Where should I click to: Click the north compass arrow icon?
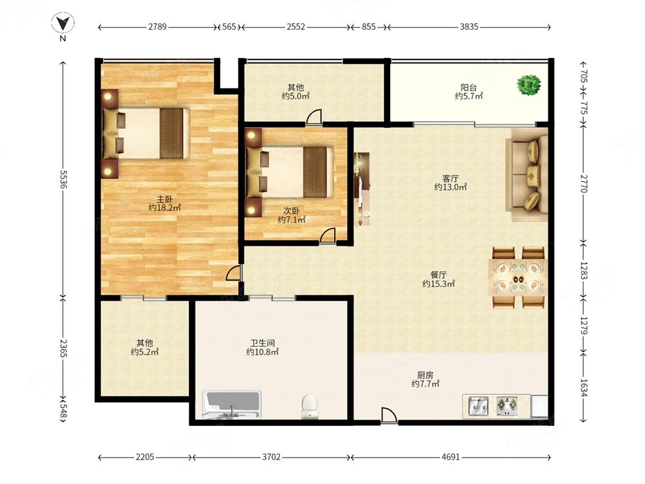[63, 23]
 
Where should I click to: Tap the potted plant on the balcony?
[529, 85]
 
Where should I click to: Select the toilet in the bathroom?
[309, 406]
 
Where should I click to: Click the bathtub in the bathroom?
[232, 404]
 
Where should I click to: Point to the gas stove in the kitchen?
[507, 406]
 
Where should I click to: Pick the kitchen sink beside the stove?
[478, 406]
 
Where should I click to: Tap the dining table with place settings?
[519, 277]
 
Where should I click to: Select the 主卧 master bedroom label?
[164, 199]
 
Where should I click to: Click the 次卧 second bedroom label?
[292, 211]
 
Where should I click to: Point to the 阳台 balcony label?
[468, 87]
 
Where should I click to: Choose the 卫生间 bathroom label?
[263, 343]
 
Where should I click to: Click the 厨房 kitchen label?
[425, 375]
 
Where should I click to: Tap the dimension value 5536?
[63, 179]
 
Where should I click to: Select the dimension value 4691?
[450, 457]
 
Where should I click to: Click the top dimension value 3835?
[469, 26]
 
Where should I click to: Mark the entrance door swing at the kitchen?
[389, 415]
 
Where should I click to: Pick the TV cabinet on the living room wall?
[362, 189]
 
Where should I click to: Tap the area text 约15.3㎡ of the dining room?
[439, 283]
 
